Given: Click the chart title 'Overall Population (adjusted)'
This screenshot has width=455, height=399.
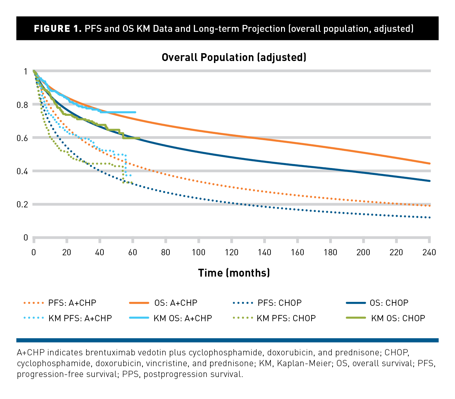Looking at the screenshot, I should click(234, 57).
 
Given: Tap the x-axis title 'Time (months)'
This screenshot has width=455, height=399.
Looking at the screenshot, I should click(234, 273).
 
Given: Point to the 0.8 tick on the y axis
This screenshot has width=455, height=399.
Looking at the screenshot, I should click(22, 105).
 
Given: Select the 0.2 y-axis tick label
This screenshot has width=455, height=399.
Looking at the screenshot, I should click(22, 205).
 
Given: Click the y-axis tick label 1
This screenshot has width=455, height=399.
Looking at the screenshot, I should click(26, 72).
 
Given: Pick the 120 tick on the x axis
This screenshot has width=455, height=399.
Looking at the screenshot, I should click(231, 252).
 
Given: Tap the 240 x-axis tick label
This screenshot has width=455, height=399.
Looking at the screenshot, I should click(429, 252).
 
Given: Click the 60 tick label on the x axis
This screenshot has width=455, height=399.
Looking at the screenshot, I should click(133, 252).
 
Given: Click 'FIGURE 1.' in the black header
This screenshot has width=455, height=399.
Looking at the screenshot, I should click(58, 29).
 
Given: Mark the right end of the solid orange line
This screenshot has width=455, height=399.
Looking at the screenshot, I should click(430, 163).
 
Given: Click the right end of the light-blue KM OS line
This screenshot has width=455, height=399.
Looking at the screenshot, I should click(135, 112).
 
